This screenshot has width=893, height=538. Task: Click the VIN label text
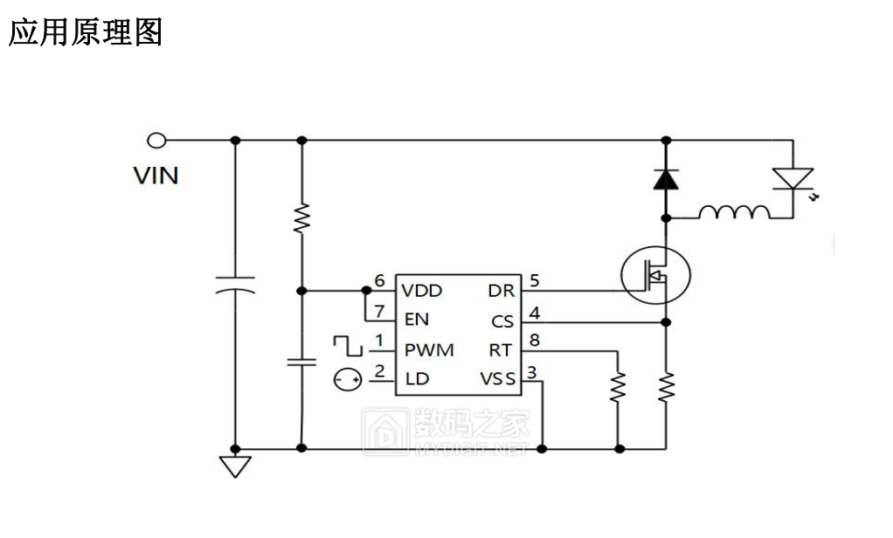pyautogui.click(x=156, y=176)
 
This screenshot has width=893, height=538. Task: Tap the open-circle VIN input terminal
pyautogui.click(x=156, y=140)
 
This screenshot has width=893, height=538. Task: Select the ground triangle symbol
pyautogui.click(x=234, y=466)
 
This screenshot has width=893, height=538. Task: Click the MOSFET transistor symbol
pyautogui.click(x=655, y=275)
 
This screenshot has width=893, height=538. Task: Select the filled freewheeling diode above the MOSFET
pyautogui.click(x=667, y=179)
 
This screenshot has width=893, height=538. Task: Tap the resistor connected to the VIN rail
pyautogui.click(x=301, y=217)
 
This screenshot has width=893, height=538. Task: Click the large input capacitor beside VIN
pyautogui.click(x=234, y=284)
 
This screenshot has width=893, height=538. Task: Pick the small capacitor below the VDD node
pyautogui.click(x=301, y=362)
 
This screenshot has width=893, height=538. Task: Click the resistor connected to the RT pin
pyautogui.click(x=619, y=386)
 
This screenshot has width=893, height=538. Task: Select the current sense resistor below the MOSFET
pyautogui.click(x=667, y=386)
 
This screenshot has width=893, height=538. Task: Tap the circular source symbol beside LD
pyautogui.click(x=347, y=379)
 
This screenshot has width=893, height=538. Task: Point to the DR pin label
pyautogui.click(x=502, y=290)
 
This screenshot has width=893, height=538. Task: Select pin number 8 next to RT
pyautogui.click(x=534, y=340)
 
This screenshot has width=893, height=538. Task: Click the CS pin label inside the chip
pyautogui.click(x=502, y=321)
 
